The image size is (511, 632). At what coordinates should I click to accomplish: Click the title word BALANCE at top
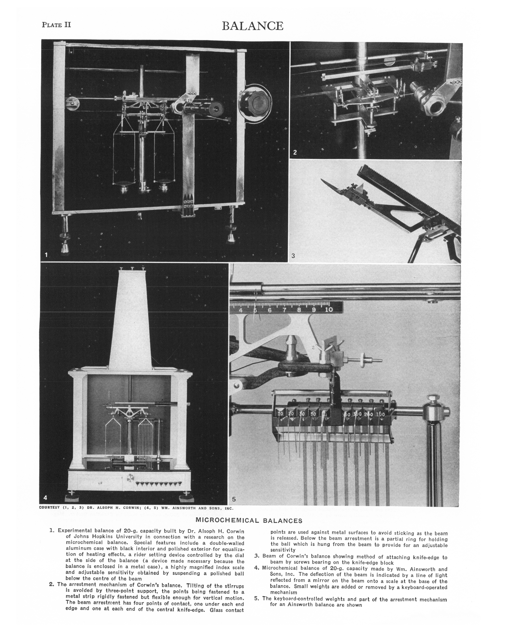coord(253,26)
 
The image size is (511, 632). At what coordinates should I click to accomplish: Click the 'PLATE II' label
coord(56,25)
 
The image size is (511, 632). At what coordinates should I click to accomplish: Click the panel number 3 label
coord(293,256)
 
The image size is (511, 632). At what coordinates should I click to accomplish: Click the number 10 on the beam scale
coord(328,310)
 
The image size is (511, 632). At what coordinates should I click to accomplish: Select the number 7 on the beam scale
coord(284,310)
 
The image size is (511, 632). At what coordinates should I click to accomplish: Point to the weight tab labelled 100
coord(381,414)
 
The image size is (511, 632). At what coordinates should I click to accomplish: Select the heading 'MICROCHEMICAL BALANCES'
coord(249,521)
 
